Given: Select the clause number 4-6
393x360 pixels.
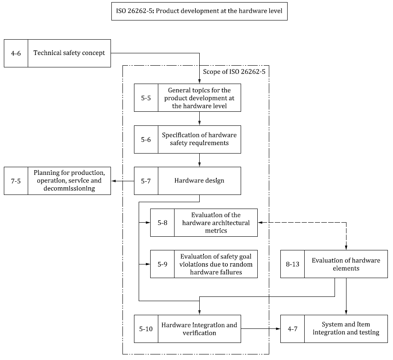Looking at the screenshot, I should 16,53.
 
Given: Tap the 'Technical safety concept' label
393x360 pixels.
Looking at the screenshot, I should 69,53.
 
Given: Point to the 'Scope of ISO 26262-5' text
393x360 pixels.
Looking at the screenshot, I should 234,72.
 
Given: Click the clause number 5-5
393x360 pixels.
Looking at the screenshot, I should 146,98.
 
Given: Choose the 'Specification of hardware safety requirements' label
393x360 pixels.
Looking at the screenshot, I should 199,139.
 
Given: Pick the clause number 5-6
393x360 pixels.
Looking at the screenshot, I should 146,139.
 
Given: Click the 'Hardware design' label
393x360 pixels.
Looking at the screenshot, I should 199,181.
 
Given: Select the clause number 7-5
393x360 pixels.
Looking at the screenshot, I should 16,181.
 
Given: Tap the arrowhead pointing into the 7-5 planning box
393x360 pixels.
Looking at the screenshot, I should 114,181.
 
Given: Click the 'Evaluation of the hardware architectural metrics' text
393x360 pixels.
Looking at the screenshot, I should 216,222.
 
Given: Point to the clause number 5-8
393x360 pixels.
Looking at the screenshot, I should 162,222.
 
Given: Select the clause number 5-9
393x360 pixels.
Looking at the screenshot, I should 162,264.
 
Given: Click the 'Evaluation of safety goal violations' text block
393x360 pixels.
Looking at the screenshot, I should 216,264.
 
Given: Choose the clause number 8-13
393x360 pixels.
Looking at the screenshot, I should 292,264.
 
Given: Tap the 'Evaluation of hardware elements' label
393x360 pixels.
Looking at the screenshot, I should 346,264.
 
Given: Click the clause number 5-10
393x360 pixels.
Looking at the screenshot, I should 146,329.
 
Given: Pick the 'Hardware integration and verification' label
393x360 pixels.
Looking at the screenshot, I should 199,329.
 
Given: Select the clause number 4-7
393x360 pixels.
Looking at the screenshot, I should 292,329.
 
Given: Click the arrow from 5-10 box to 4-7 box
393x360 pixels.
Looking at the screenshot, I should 260,329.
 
